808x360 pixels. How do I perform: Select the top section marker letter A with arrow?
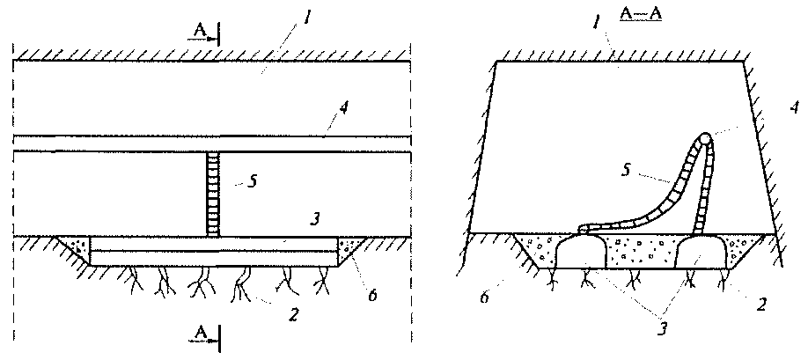click(x=200, y=31)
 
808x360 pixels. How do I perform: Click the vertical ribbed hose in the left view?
click(x=212, y=194)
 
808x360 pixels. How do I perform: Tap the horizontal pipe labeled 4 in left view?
click(x=211, y=144)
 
